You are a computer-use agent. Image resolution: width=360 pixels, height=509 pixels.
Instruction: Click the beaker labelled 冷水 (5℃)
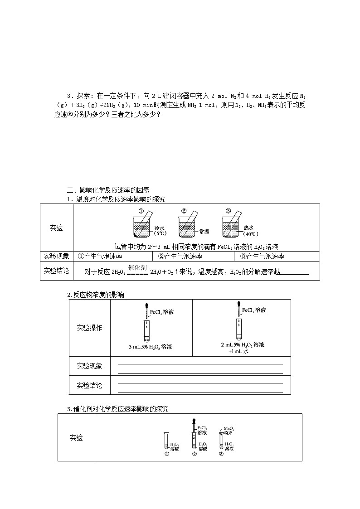pos(142,227)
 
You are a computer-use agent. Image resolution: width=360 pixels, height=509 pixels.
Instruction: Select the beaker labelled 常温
pos(187,227)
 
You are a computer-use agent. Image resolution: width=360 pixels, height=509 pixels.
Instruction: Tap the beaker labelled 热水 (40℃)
pos(231,227)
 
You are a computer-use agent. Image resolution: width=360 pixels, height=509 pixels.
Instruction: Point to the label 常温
pos(204,231)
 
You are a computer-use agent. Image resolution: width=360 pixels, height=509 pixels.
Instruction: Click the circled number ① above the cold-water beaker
pos(141,211)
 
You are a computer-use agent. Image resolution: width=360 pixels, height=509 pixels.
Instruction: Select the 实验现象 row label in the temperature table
pos(57,257)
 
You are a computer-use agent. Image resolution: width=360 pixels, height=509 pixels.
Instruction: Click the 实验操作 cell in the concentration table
pos(89,328)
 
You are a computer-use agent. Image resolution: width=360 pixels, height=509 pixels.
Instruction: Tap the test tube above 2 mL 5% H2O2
pos(239,330)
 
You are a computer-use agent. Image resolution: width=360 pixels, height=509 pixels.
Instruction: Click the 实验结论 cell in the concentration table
pos(89,385)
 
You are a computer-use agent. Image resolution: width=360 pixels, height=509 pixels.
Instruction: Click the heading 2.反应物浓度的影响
pos(96,295)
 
